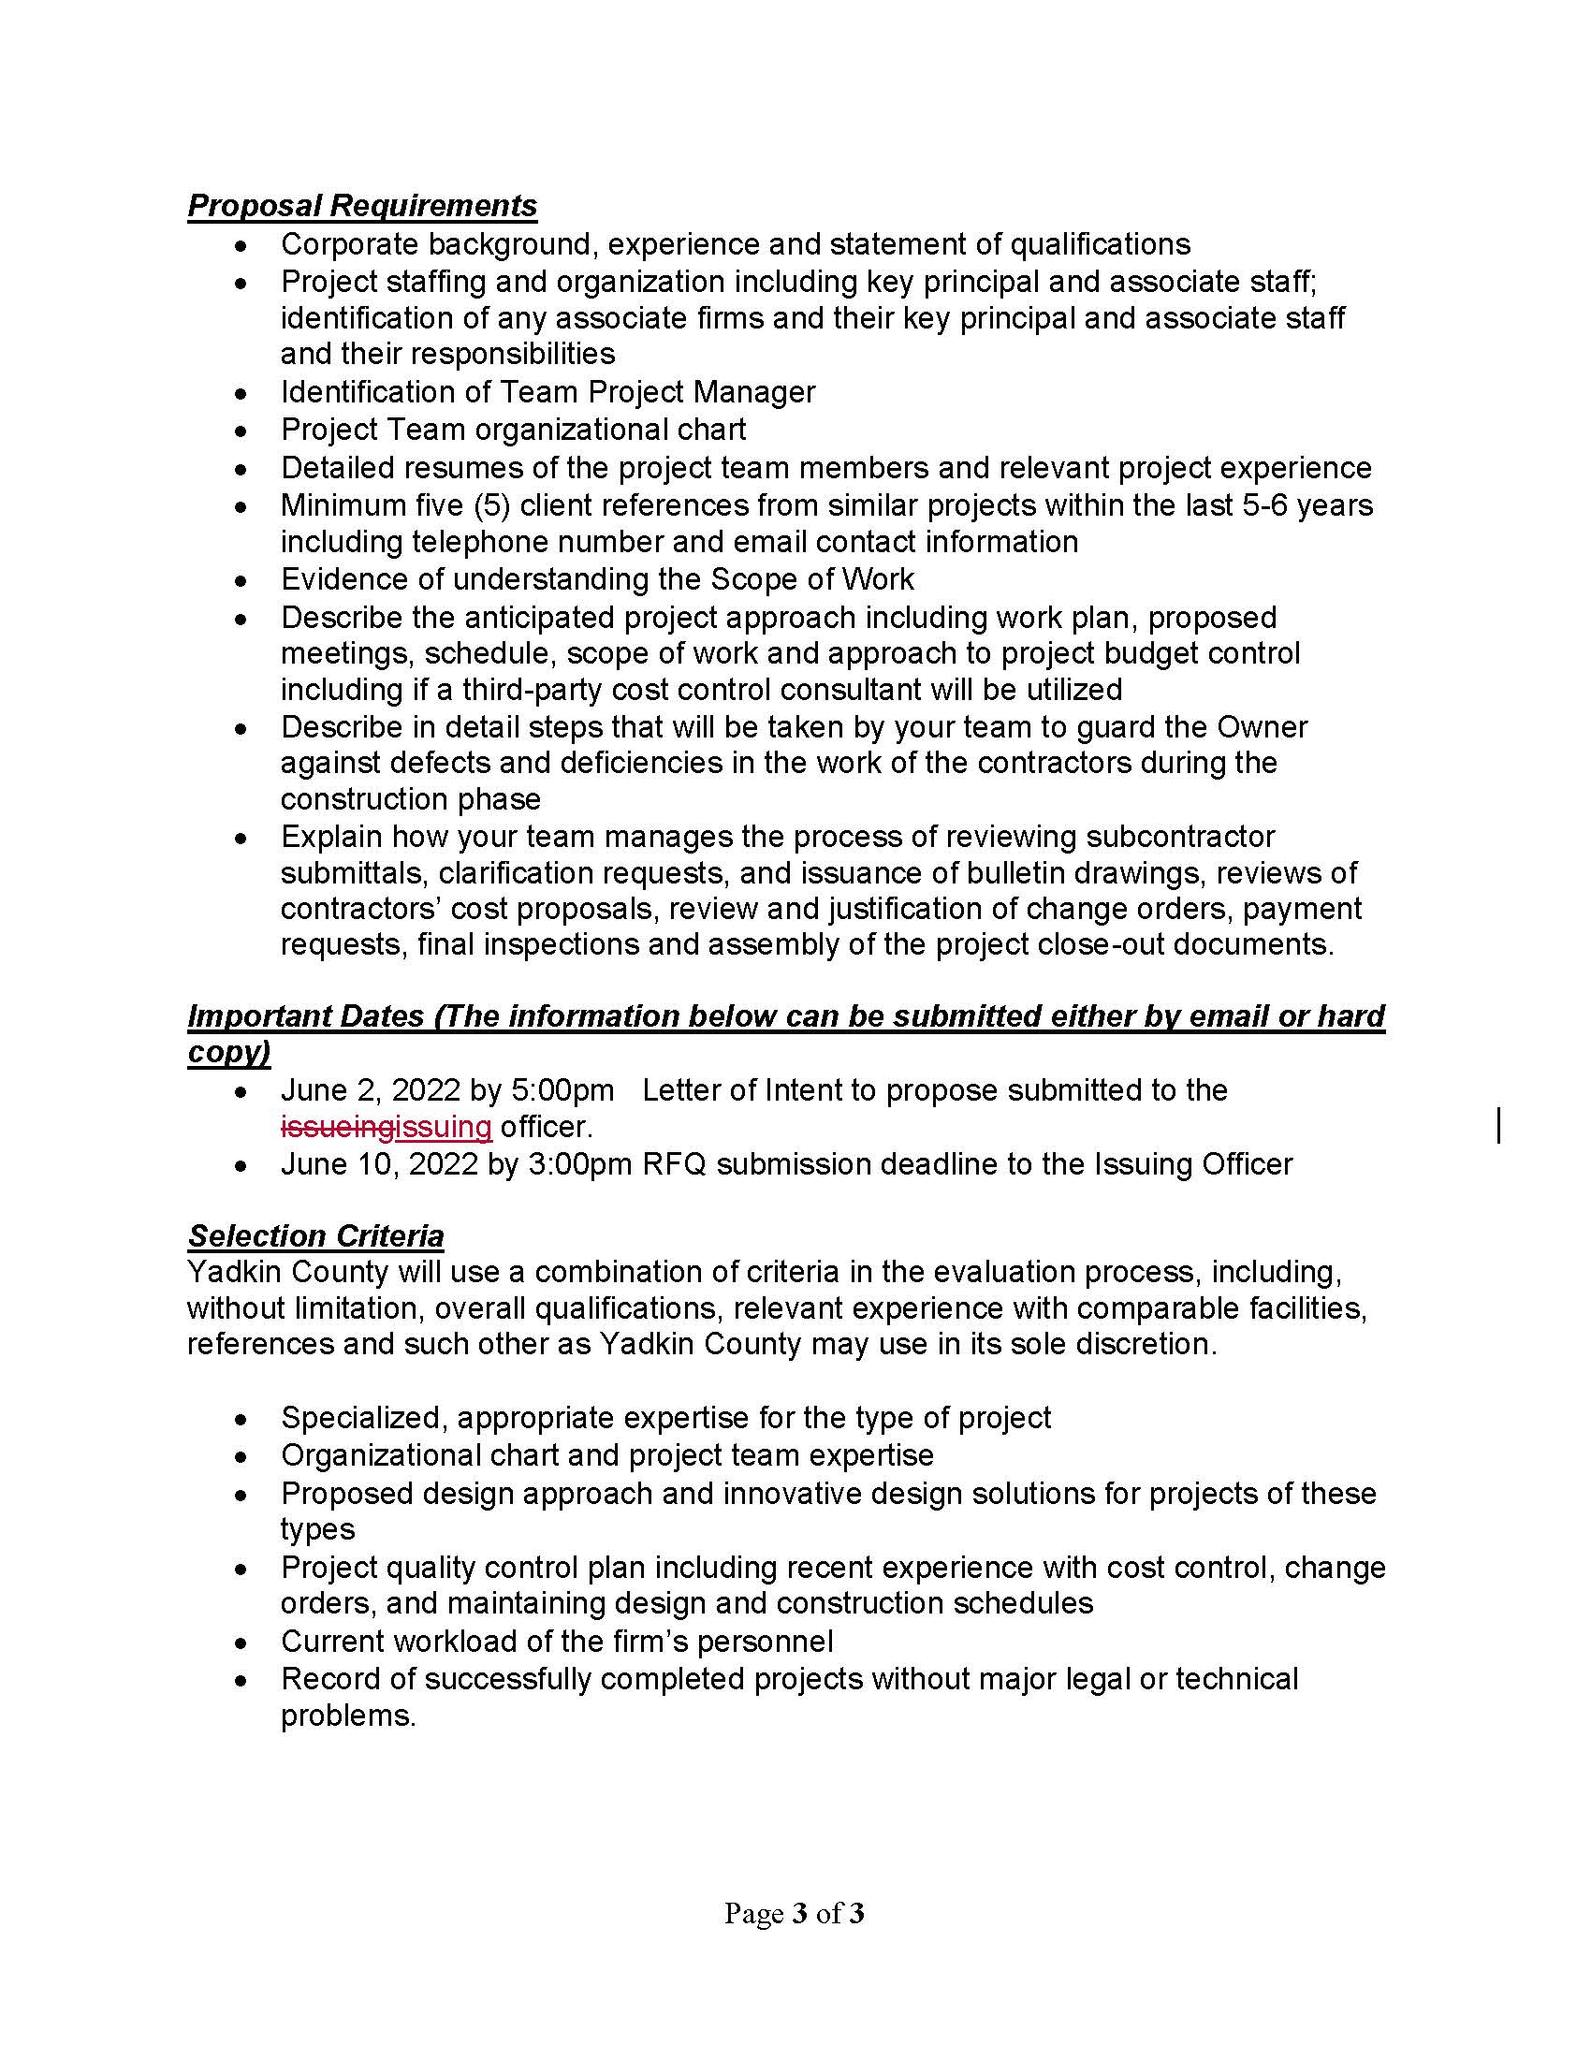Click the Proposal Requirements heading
click(x=362, y=206)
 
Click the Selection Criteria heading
click(x=315, y=1235)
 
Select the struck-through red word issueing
click(x=337, y=1127)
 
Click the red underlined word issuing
click(x=443, y=1127)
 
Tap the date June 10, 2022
click(x=379, y=1164)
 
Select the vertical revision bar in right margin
click(x=1498, y=1127)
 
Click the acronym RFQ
click(x=674, y=1164)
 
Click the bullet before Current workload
click(x=242, y=1643)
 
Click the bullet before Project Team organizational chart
click(x=242, y=431)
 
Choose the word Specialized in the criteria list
click(x=363, y=1417)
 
